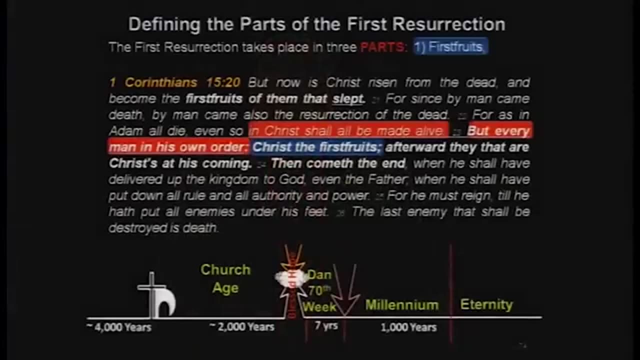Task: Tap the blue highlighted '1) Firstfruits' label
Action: coord(450,47)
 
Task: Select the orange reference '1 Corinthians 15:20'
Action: coord(174,82)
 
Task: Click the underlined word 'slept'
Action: coord(348,98)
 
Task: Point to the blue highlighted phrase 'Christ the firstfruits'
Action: coord(317,147)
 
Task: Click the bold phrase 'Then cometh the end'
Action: coord(338,163)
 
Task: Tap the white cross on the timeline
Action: coord(150,292)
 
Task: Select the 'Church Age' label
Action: coord(225,278)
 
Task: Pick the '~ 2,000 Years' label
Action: coord(242,327)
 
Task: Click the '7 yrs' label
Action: coord(326,326)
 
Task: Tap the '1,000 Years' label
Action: coord(408,327)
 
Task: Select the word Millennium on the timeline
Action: coord(402,305)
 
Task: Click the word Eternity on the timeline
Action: coord(486,304)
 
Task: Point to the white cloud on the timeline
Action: coord(291,278)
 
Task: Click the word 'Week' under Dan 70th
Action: coord(319,306)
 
